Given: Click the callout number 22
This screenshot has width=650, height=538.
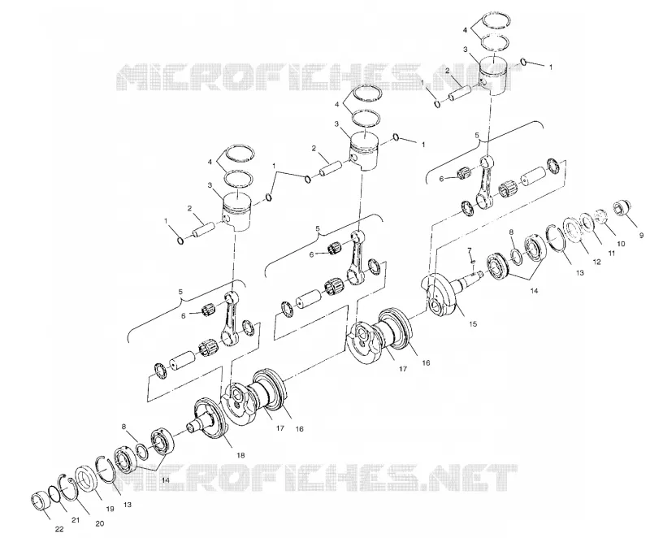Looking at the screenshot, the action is (59, 529).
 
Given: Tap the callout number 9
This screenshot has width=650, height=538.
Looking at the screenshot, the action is (642, 236).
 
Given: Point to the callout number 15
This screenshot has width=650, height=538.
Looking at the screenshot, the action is (473, 323).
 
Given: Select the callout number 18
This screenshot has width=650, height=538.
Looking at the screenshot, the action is (240, 455).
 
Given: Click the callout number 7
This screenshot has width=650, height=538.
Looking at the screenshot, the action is (470, 250).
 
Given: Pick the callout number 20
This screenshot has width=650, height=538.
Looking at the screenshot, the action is (99, 523).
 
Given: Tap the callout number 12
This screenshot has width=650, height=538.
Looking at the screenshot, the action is (596, 262).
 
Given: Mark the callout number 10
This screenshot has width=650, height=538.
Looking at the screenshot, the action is (621, 244).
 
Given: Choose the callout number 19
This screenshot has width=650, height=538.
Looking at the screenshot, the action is (110, 509).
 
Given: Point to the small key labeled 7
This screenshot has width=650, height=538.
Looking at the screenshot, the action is (474, 262).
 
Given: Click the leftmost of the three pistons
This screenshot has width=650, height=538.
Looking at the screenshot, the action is (237, 211).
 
